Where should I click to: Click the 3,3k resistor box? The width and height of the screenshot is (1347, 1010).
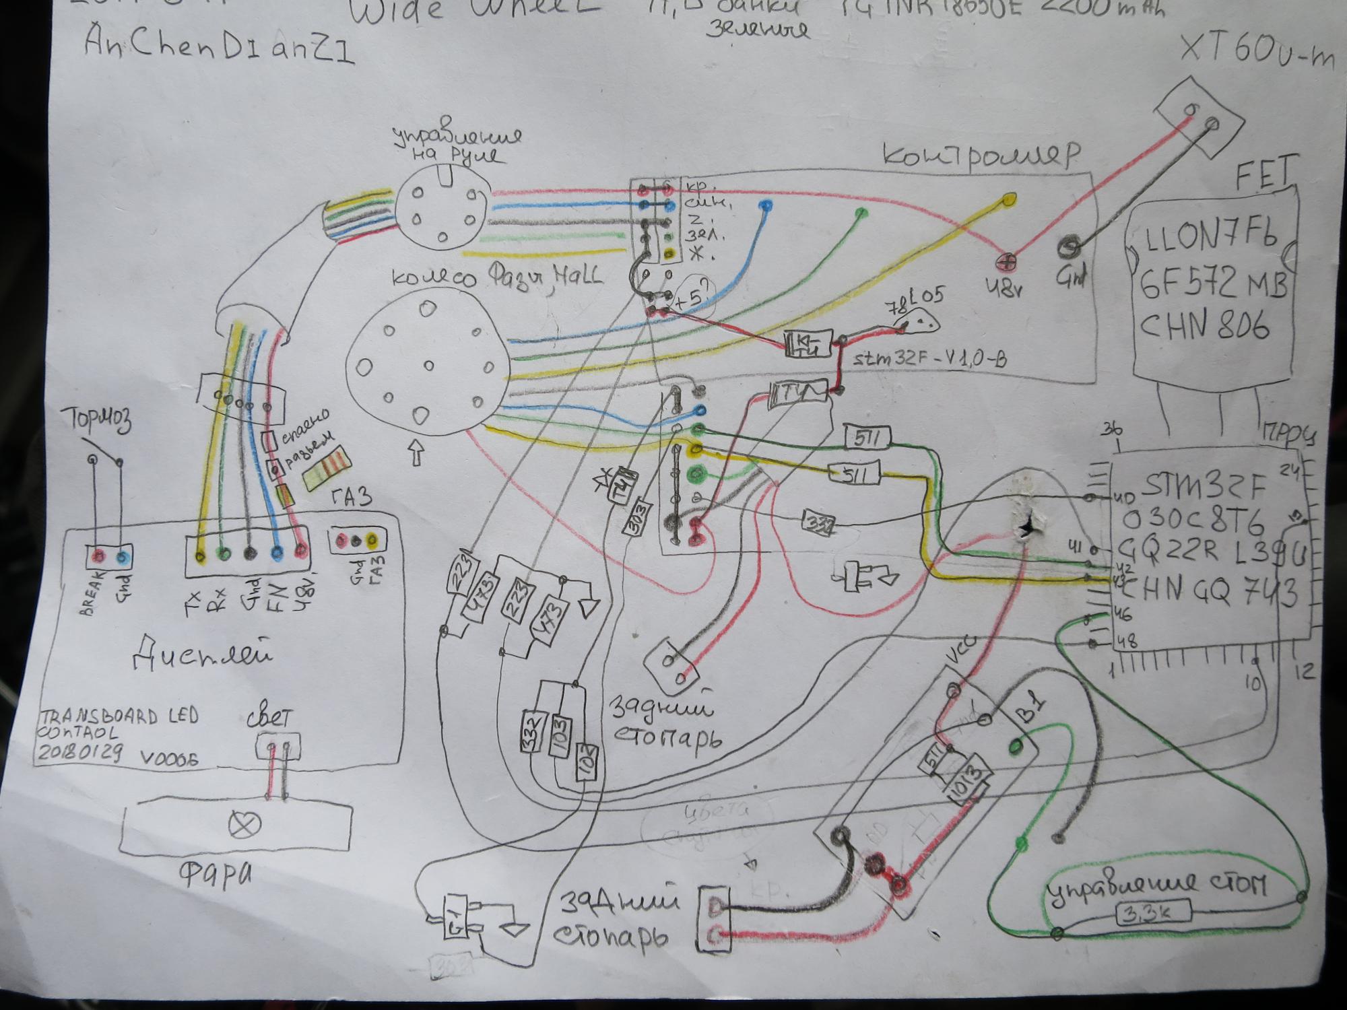pos(1153,914)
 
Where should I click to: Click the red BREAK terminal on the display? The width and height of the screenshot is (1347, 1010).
pos(98,557)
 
